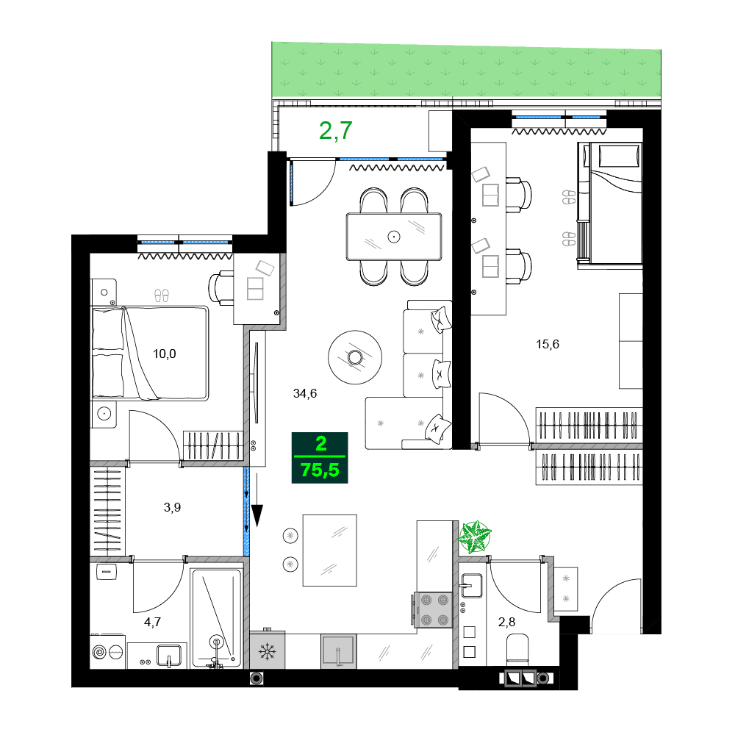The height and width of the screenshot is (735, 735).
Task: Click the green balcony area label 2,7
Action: click(x=336, y=130)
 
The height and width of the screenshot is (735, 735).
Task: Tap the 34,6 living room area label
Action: click(x=304, y=393)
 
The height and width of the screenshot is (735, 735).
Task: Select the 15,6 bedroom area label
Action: click(x=548, y=343)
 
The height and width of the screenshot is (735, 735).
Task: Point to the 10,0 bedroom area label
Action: click(x=164, y=354)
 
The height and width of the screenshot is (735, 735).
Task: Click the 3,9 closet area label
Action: click(x=171, y=507)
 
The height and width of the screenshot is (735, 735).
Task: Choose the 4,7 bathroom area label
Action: click(x=153, y=622)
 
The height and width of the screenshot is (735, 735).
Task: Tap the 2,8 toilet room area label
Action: click(x=507, y=623)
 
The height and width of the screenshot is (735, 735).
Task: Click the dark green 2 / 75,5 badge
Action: click(x=320, y=457)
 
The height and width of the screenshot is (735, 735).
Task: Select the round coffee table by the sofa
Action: click(x=356, y=357)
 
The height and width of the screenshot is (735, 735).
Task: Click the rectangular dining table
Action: click(x=394, y=237)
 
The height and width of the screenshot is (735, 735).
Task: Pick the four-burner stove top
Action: click(x=434, y=609)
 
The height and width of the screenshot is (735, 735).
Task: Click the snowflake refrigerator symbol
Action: click(x=266, y=652)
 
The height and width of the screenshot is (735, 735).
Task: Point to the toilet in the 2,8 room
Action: click(x=518, y=650)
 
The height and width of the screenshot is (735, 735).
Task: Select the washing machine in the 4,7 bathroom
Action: click(x=107, y=652)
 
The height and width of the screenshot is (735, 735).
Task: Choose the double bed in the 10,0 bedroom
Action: click(x=149, y=353)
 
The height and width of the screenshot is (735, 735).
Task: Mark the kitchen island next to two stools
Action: click(x=330, y=550)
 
